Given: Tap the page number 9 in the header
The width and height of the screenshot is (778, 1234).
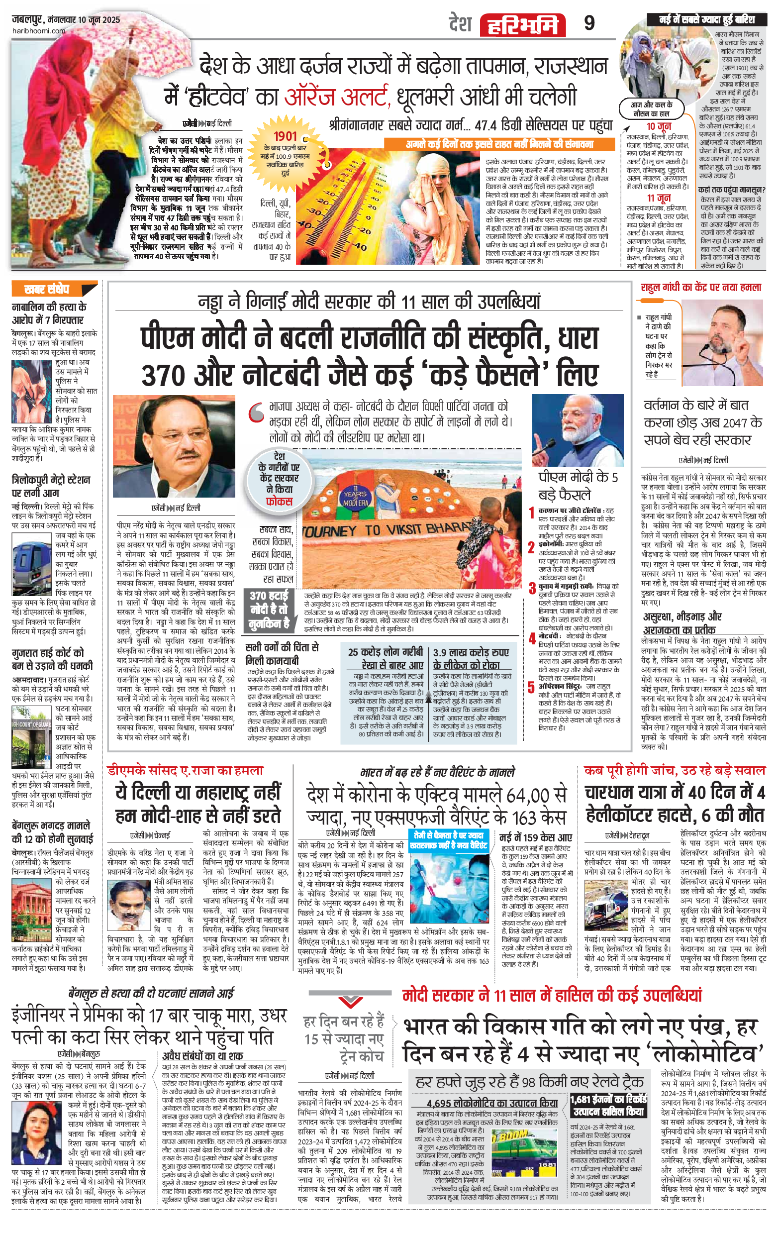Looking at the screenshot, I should tap(589, 23).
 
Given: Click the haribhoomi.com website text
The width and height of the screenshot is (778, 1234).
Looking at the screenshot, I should tap(38, 31).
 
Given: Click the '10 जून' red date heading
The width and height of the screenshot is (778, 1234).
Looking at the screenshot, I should tap(659, 126).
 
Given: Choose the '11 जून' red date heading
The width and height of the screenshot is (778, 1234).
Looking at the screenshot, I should tap(659, 198).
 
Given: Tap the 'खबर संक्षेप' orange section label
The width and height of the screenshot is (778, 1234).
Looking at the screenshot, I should tap(47, 290).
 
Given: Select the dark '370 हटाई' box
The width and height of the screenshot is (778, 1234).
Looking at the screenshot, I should tap(269, 610).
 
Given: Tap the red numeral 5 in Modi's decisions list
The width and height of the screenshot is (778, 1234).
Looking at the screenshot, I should tap(531, 688).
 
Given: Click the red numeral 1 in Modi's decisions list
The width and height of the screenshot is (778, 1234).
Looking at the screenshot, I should tap(531, 512).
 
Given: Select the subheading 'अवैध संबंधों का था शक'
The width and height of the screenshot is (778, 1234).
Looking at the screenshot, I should tap(202, 1055).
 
